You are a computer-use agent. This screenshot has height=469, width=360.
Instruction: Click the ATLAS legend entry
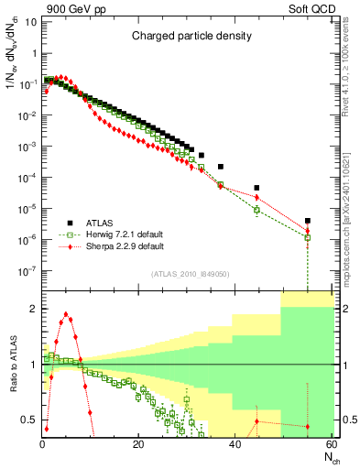click(x=100, y=222)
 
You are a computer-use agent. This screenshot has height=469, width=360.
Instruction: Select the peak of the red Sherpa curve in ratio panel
click(x=65, y=314)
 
